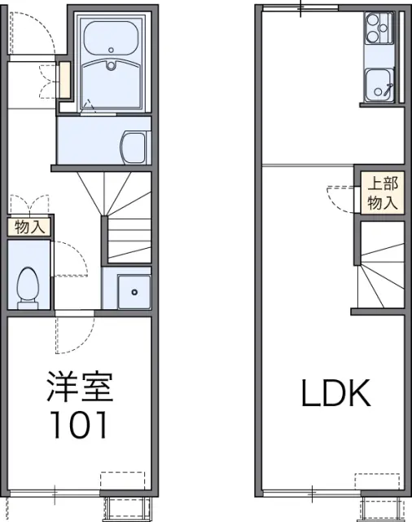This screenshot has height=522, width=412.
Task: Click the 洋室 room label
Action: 80,387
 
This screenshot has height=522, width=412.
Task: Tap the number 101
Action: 79,424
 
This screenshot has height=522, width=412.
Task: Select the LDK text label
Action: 335,393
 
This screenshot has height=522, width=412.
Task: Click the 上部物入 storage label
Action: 383,193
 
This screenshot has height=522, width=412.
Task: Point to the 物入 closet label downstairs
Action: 29,228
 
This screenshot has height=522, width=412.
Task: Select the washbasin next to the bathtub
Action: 134,148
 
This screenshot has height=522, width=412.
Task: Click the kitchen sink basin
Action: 379,85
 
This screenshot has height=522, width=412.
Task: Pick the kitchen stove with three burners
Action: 379,29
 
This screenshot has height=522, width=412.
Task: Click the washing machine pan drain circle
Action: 134,292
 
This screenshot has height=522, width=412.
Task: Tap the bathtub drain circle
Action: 111,51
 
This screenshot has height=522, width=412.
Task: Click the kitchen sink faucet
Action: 388,88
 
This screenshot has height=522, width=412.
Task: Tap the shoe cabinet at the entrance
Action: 65,80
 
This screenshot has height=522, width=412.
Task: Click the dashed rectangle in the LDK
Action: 377,481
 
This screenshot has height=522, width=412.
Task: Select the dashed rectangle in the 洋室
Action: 123,480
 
